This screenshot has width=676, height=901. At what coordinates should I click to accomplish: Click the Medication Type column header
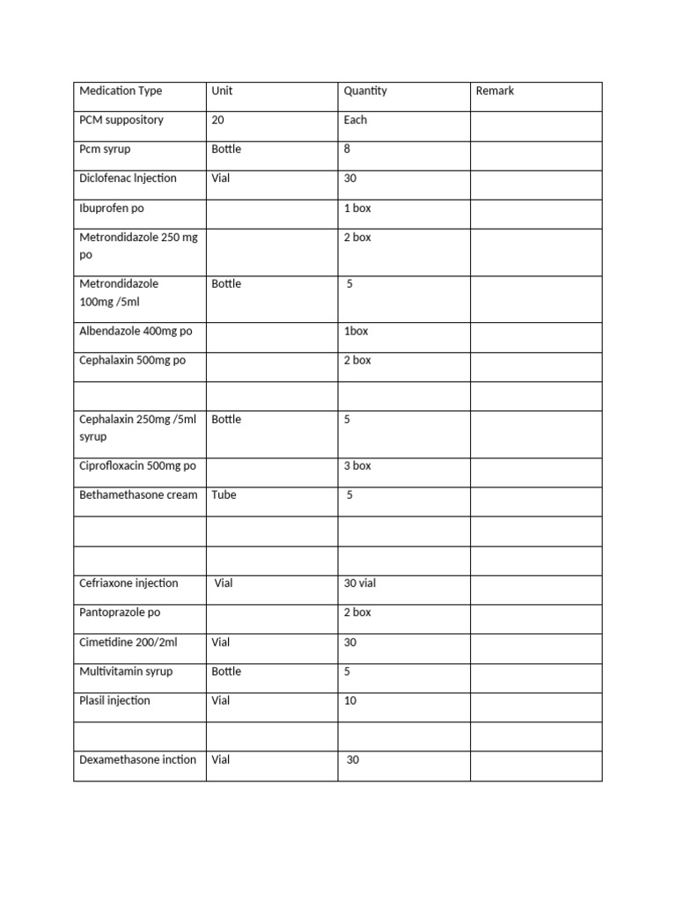(121, 91)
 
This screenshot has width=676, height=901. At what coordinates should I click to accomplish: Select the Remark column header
(495, 91)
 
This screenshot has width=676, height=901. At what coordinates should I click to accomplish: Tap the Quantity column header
(365, 91)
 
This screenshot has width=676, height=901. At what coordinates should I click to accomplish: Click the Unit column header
(222, 91)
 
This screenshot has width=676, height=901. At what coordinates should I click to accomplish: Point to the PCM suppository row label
(121, 120)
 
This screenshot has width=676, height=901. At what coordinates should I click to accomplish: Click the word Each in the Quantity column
(356, 120)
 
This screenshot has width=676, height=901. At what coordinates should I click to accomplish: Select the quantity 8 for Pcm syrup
(347, 149)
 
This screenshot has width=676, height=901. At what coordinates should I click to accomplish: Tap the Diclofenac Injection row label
(128, 178)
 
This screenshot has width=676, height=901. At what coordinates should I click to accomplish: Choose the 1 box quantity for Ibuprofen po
(357, 208)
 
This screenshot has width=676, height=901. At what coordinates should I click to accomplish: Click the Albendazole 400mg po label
(136, 331)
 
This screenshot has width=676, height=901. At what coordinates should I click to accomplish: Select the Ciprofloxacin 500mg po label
(137, 465)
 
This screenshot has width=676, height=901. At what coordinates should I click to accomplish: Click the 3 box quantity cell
(357, 465)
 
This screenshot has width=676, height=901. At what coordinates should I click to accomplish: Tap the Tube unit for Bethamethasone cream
(224, 494)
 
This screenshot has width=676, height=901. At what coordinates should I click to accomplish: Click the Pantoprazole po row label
(120, 612)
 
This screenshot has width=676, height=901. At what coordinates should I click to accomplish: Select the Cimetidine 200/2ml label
(128, 642)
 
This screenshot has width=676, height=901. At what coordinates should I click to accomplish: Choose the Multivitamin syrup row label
(126, 671)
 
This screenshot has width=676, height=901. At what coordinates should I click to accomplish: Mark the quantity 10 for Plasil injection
(350, 700)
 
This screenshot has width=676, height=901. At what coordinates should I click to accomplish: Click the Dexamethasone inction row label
(137, 759)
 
